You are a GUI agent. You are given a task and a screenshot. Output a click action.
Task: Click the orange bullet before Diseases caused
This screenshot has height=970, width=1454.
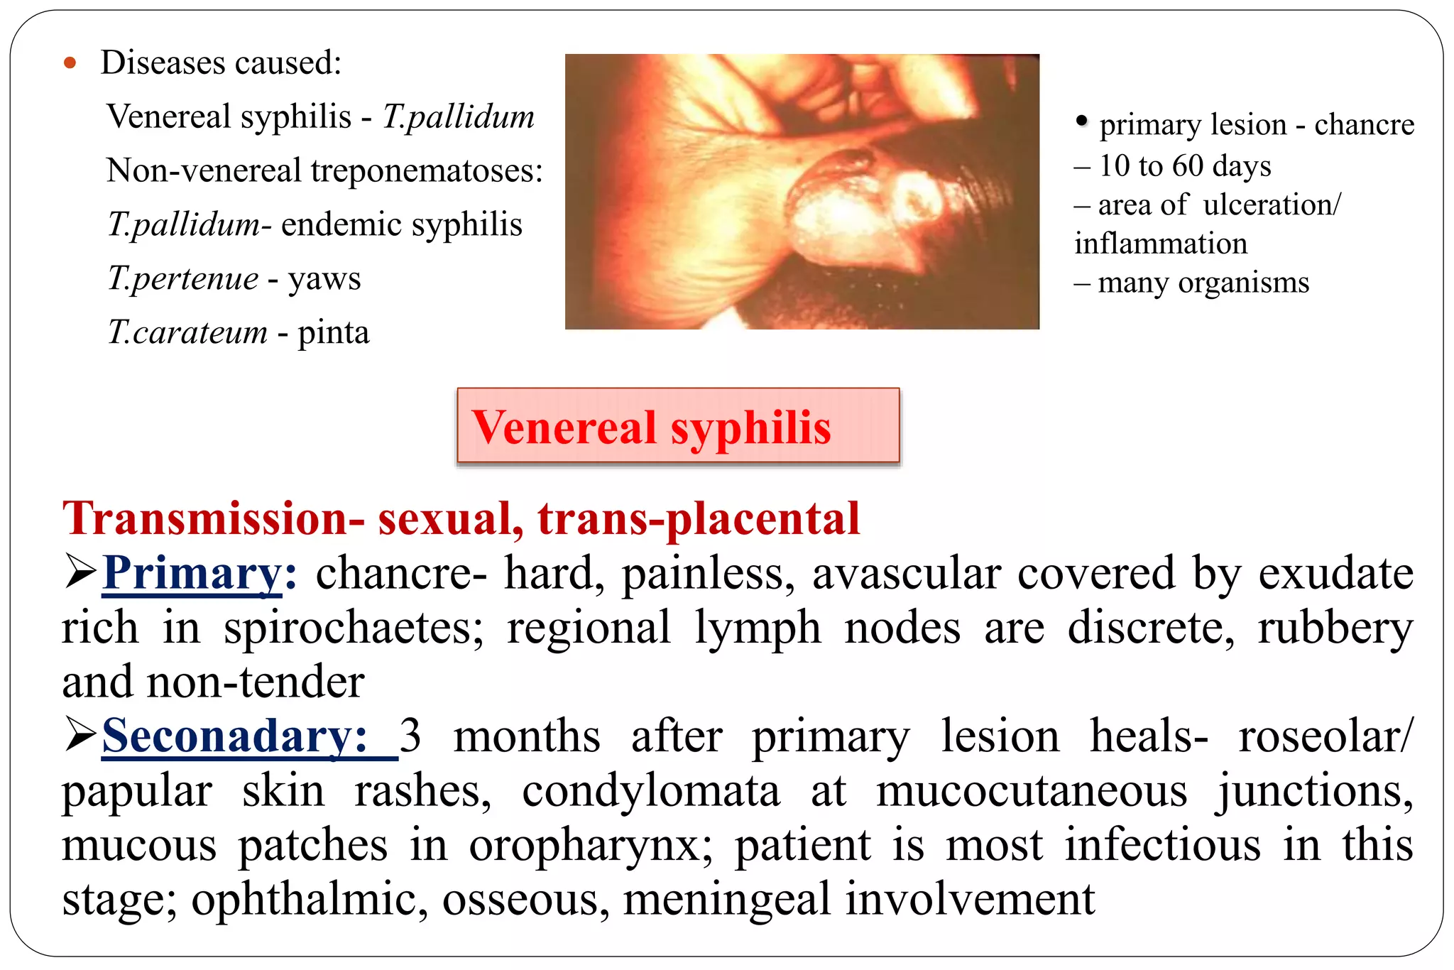(70, 63)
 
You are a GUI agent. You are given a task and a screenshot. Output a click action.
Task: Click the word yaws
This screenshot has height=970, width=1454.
(324, 278)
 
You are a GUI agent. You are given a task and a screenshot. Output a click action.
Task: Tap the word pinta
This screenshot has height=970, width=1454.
(333, 332)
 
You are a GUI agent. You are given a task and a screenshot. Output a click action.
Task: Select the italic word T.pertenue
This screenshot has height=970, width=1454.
(182, 278)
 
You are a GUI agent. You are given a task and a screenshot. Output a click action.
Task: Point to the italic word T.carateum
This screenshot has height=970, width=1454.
(187, 332)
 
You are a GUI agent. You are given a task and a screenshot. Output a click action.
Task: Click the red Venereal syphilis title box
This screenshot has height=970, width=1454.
(678, 426)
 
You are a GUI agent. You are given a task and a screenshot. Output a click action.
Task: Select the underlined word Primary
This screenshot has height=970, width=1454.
(192, 572)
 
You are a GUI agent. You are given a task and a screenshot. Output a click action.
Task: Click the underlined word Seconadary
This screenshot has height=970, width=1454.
(234, 736)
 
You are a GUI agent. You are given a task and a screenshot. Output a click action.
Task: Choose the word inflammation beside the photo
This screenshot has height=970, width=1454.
(1160, 244)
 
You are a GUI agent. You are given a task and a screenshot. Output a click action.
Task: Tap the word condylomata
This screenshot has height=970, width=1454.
(650, 790)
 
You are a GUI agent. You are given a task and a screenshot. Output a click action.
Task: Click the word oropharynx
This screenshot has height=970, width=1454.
(590, 845)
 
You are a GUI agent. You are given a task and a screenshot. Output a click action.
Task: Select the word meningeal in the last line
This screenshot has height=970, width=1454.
(726, 899)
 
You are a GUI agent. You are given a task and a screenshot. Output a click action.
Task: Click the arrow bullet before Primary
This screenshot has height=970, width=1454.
(80, 572)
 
